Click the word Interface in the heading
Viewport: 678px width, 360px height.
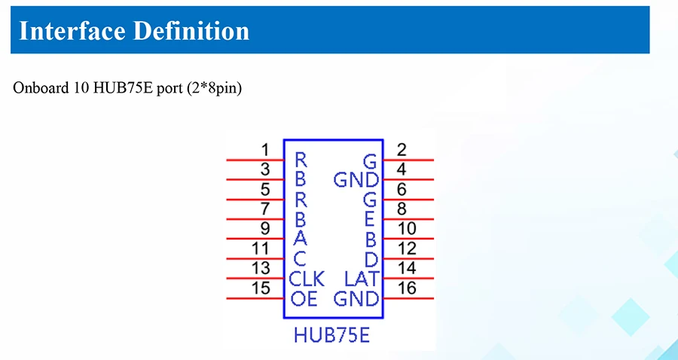69,31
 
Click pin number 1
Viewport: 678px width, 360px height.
265,150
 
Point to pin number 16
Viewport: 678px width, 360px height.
406,288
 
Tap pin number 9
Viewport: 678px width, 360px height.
265,229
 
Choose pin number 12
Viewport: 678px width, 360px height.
406,249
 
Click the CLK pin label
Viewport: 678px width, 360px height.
307,279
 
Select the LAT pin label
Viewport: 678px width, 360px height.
362,279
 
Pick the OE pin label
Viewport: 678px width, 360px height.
304,299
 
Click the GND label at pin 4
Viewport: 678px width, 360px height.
356,180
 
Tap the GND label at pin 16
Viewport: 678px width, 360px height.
356,299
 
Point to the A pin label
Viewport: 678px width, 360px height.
301,239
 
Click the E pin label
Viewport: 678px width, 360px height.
370,220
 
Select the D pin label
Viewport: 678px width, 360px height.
370,260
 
